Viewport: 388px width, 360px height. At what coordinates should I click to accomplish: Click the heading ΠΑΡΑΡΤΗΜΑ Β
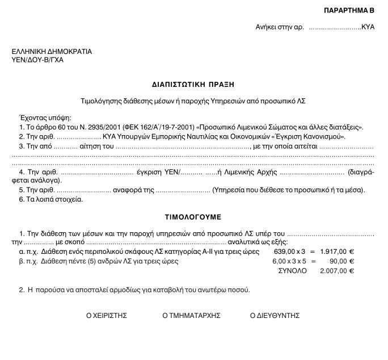(x=349, y=11)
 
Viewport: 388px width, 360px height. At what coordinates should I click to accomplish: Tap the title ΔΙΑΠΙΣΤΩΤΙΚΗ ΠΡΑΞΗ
(x=193, y=84)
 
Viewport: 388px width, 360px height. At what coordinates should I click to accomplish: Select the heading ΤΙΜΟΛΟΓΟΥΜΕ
(x=193, y=217)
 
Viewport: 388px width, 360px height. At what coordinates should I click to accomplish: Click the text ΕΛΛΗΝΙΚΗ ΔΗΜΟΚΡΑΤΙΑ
(x=52, y=52)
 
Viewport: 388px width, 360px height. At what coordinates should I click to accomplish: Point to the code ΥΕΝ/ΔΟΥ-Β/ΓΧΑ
(x=37, y=60)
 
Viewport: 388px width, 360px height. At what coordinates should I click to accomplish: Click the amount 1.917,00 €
(x=337, y=252)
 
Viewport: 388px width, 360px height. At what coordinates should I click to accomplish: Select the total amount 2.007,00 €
(x=337, y=271)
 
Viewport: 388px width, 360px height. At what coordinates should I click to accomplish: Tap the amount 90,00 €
(x=342, y=261)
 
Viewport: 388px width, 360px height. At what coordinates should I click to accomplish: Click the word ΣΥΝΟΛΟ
(x=292, y=271)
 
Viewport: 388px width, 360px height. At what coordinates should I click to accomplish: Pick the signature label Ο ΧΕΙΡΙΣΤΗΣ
(x=106, y=316)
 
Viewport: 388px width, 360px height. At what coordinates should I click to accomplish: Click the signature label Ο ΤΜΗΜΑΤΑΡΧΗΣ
(x=191, y=316)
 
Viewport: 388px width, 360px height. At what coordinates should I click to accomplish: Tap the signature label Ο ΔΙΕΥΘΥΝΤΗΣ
(x=275, y=316)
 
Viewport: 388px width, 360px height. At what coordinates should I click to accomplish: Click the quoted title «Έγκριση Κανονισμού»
(x=307, y=137)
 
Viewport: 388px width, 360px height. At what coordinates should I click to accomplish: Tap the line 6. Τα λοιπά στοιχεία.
(x=51, y=199)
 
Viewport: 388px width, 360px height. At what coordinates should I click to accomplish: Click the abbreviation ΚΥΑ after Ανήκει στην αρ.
(x=368, y=27)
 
